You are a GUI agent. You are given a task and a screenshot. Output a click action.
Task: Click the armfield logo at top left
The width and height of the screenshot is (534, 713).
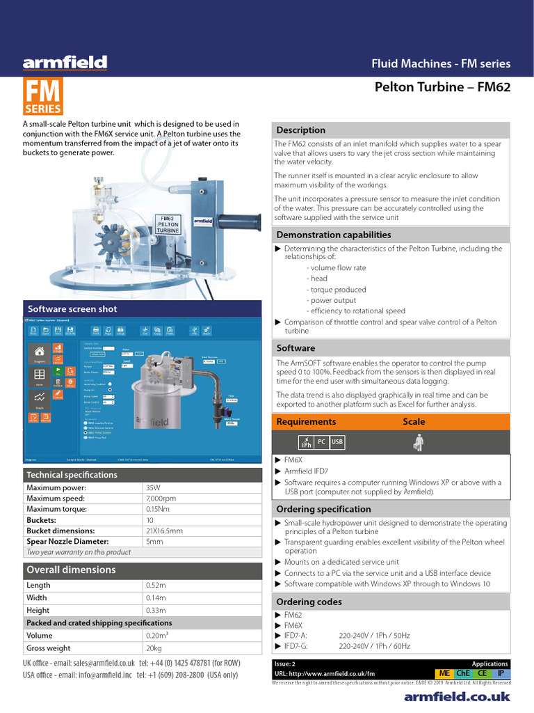(x=65, y=63)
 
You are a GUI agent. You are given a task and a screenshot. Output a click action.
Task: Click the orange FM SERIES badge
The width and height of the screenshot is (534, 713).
(x=43, y=97)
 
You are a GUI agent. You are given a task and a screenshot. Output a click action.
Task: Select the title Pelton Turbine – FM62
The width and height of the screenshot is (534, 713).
(x=442, y=87)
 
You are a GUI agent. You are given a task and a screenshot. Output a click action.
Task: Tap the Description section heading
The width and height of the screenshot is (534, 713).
(x=301, y=130)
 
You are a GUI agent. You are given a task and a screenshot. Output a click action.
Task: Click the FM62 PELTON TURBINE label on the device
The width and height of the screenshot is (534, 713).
(x=169, y=226)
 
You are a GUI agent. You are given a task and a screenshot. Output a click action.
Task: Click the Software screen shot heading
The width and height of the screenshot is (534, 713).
(x=72, y=308)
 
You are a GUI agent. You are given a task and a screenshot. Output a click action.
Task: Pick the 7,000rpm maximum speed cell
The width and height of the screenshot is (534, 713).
(x=161, y=499)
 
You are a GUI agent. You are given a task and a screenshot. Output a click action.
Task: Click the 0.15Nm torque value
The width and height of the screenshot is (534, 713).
(x=158, y=509)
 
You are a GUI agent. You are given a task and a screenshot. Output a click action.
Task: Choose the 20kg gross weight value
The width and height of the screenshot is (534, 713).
(x=154, y=648)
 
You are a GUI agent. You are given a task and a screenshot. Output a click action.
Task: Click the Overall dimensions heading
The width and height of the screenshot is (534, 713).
(x=71, y=570)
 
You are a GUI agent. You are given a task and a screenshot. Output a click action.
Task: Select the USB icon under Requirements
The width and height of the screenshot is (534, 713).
(x=337, y=441)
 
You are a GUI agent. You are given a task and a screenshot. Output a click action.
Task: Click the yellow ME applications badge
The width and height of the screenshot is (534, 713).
(x=444, y=673)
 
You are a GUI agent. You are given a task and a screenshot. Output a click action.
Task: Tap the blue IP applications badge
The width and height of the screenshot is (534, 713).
(x=501, y=673)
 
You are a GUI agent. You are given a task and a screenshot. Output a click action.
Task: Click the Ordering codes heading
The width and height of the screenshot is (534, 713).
(x=309, y=602)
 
